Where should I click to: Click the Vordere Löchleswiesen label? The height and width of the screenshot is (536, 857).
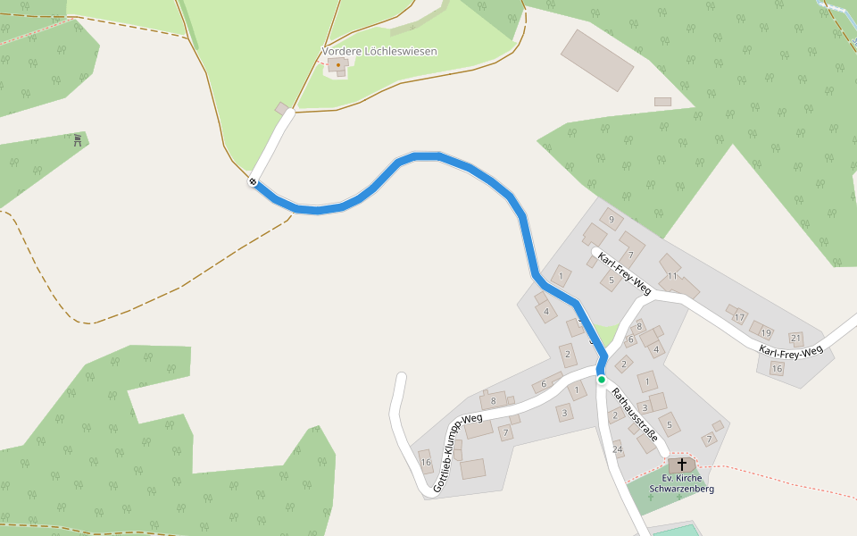pos(379,52)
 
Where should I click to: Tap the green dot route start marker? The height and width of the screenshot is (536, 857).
pos(602,380)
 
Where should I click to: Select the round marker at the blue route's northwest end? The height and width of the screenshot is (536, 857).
pos(254,182)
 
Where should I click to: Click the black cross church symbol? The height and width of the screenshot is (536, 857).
pos(682,465)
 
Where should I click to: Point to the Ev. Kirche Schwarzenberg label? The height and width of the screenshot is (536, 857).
pos(682,483)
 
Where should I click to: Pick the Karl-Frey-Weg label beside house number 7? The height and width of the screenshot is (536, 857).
pos(624,273)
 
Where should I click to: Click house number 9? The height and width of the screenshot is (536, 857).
pos(612,219)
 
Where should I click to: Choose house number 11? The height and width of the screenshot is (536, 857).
pos(672,276)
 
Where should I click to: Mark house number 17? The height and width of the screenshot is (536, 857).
pos(739,317)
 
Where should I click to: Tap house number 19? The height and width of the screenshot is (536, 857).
pos(765,332)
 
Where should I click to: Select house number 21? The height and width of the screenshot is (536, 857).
pos(796,339)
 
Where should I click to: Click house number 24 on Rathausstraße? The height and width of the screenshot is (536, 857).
pos(617,448)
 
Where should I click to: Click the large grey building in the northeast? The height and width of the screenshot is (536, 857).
pos(597,60)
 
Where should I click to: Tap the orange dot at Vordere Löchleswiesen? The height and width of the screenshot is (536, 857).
pos(338,64)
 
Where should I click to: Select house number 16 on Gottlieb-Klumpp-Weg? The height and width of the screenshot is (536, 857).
pos(426,462)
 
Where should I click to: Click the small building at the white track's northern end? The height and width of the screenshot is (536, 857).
pos(283,109)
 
